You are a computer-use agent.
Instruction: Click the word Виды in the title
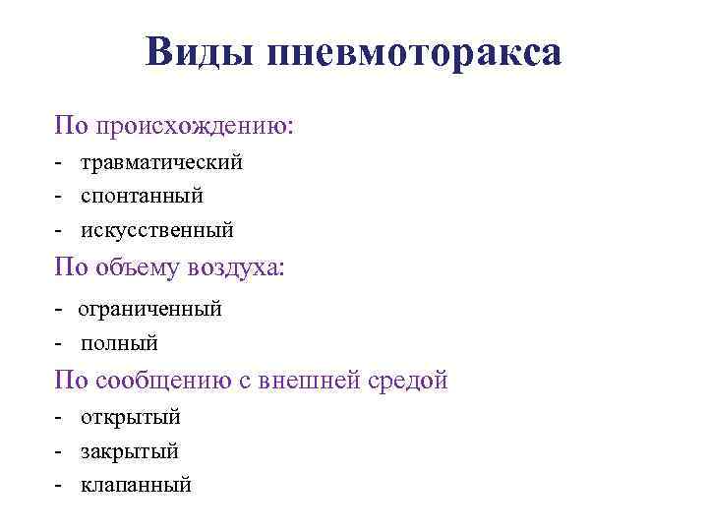coord(199,51)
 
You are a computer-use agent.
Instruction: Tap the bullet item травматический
coord(161,162)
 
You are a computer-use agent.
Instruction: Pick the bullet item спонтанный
coord(142,196)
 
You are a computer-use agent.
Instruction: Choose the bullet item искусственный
coord(157,230)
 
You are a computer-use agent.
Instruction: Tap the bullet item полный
coord(119,343)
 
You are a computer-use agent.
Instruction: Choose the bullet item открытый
coord(131,417)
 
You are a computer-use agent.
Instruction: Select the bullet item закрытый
coord(130,451)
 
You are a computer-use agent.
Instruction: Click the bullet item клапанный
coord(136,485)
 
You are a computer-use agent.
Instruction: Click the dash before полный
coord(60,344)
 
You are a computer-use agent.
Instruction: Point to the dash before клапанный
coord(60,486)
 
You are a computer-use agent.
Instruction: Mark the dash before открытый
coord(60,418)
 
